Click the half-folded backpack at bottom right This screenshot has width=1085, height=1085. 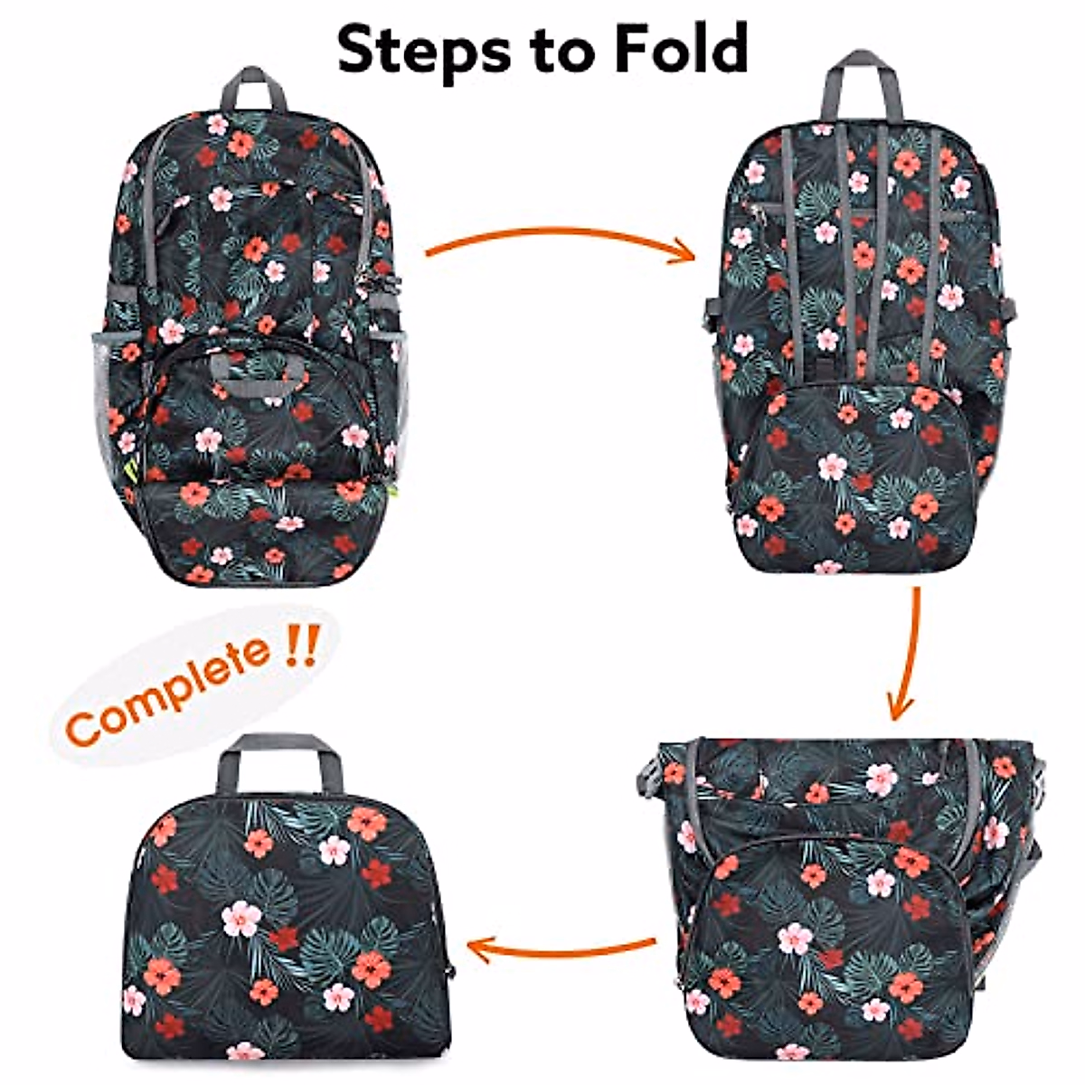click(841, 904)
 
